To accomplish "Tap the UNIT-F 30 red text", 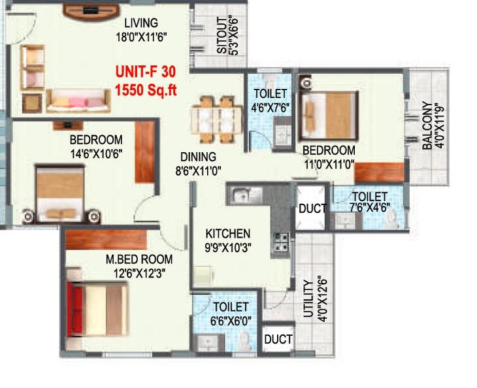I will [144, 71].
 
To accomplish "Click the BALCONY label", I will [427, 125].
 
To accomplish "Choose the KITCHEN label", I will [228, 233].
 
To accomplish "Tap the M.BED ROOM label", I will [133, 260].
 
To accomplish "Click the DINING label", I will [199, 157].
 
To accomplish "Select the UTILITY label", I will [307, 299].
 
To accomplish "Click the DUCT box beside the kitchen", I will [311, 209].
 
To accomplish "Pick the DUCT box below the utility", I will [278, 340].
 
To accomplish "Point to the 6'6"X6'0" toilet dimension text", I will [230, 320].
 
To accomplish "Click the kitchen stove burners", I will [283, 241].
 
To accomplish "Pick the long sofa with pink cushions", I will [77, 99].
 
